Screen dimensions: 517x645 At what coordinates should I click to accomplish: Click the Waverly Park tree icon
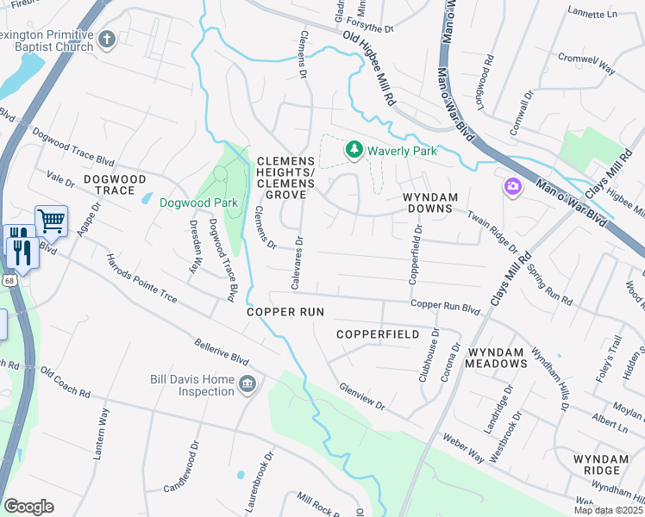354,151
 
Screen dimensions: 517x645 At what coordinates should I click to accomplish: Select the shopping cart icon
51,221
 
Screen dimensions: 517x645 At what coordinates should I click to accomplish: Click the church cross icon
106,40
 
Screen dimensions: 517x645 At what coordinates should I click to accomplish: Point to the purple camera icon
513,187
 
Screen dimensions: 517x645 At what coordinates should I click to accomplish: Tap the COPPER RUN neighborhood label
285,311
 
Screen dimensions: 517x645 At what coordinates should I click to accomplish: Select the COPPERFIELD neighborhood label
378,333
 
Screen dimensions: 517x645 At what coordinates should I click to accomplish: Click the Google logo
28,507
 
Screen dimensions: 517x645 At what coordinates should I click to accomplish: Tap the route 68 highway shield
7,280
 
